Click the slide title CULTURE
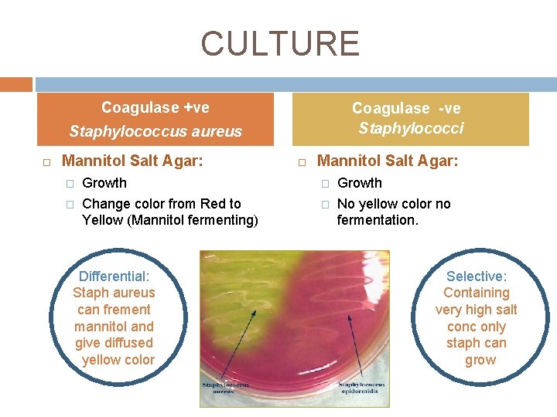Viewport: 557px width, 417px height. (280, 44)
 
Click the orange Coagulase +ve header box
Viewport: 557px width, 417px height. (155, 119)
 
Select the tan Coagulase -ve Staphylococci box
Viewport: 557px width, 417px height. (410, 119)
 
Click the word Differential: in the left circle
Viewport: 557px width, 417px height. (114, 276)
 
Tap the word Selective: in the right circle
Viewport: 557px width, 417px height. (477, 276)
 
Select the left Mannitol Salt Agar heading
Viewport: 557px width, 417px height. (132, 161)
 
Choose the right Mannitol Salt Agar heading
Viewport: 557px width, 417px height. (388, 161)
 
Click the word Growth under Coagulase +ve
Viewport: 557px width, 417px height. (104, 183)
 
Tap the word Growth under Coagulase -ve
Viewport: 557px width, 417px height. (360, 183)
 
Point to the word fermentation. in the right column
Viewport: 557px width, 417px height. (378, 220)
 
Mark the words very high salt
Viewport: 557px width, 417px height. (476, 310)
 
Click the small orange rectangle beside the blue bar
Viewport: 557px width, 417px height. (15, 84)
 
